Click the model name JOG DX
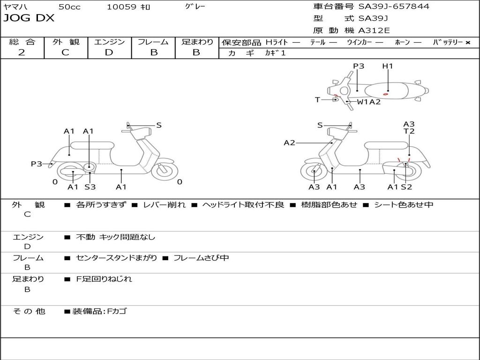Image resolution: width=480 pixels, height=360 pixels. tap(29, 18)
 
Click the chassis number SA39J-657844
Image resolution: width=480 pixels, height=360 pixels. tap(394, 7)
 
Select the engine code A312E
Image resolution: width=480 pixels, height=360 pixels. tap(373, 31)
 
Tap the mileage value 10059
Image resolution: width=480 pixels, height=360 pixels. tap(121, 7)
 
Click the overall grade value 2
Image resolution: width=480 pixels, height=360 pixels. tap(22, 52)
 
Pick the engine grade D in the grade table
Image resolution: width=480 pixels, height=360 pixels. tap(109, 52)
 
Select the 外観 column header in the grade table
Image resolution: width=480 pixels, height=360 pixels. tap(66, 42)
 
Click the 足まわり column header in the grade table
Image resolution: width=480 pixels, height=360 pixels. tap(197, 42)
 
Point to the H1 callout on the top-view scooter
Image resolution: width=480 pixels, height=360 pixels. tap(388, 66)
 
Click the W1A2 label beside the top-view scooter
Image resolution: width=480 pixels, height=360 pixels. tap(368, 102)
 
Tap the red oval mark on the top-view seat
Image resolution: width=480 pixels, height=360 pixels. tap(385, 94)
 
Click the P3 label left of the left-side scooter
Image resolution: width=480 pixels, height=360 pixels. tap(37, 164)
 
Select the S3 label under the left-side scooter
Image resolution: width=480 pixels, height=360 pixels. tap(90, 187)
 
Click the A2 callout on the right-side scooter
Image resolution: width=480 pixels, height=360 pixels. tap(289, 142)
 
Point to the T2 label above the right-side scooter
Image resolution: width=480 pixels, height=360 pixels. tap(409, 131)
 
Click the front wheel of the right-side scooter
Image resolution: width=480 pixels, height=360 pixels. tap(314, 172)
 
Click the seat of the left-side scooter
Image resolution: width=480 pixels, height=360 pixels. tap(98, 145)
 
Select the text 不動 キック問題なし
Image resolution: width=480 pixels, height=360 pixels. tap(115, 237)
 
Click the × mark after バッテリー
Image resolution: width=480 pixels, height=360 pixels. tap(467, 43)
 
